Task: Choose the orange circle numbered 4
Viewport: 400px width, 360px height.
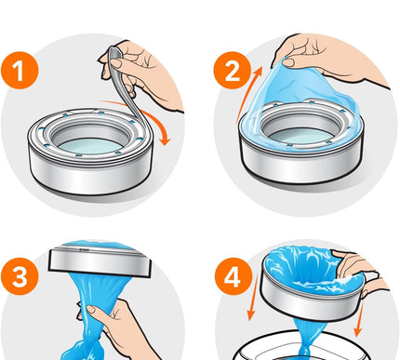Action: pos(232,277)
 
